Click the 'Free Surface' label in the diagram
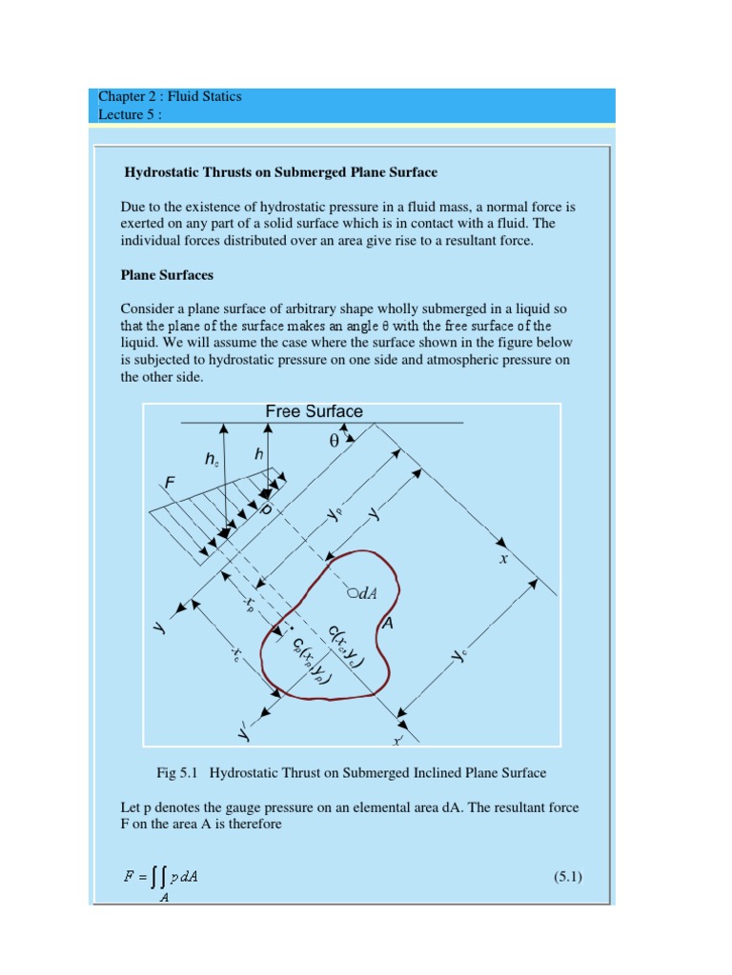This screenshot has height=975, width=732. (314, 411)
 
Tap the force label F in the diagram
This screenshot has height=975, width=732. (170, 483)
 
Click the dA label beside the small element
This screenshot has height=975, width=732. (367, 592)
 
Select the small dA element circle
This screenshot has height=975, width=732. (352, 592)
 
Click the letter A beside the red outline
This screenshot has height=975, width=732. (387, 625)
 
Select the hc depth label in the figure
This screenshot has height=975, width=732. (212, 459)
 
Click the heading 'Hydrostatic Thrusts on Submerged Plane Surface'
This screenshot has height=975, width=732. (281, 172)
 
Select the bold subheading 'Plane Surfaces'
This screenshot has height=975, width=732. (167, 275)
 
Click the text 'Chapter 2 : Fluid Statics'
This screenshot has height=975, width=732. (170, 96)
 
